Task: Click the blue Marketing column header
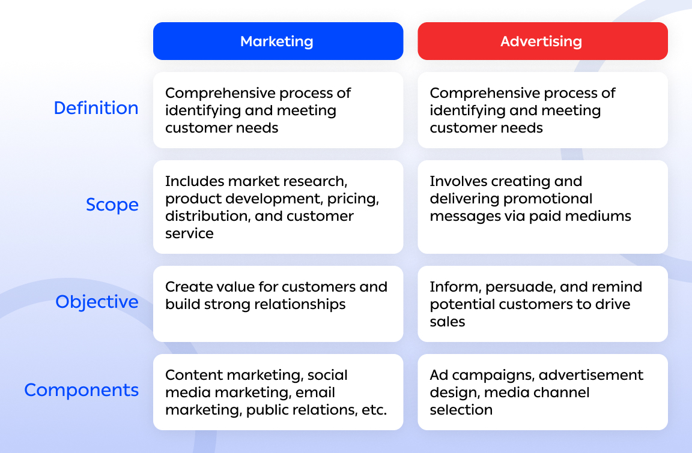[x=278, y=41]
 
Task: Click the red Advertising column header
[x=542, y=41]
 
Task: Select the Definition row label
[x=96, y=108]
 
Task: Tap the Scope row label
[x=112, y=205]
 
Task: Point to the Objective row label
[x=97, y=301]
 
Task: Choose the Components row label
[x=81, y=390]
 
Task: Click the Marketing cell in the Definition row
[x=278, y=110]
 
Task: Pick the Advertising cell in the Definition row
[x=542, y=110]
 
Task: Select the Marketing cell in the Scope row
[x=278, y=207]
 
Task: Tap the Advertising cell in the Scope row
[x=542, y=207]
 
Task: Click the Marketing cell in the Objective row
[x=278, y=304]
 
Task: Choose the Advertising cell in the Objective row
[x=542, y=304]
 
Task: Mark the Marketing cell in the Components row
[x=278, y=392]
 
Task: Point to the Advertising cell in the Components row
[x=542, y=392]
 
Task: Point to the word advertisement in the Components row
[x=591, y=376]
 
